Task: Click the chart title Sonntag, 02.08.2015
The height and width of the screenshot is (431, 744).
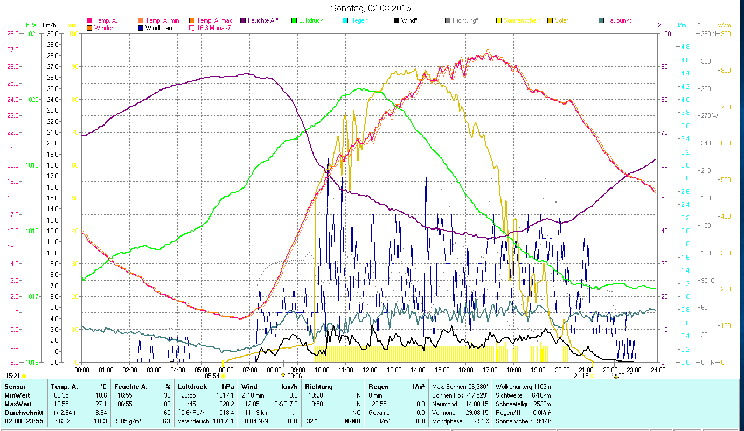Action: pos(371,9)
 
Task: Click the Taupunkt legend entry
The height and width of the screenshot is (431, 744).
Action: pos(618,20)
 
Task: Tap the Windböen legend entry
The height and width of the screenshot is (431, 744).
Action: pos(158,28)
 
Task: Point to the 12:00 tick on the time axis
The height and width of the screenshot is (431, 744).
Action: pos(370,370)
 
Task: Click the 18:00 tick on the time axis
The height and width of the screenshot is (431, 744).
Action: pos(514,370)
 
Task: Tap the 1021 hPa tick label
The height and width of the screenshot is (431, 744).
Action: pos(32,34)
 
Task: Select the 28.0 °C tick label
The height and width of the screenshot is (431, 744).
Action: pos(12,34)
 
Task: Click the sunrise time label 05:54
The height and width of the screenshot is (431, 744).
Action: pos(212,376)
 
